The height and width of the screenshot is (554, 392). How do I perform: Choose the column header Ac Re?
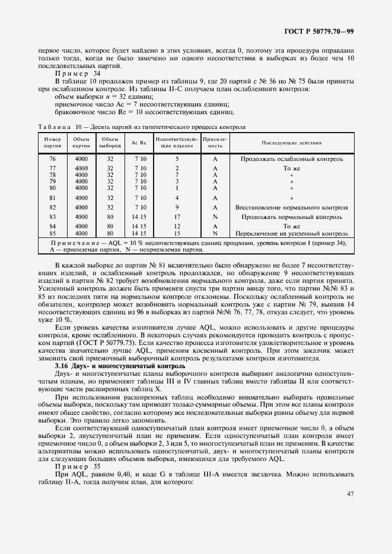140,143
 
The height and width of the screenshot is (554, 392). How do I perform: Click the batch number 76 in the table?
52,159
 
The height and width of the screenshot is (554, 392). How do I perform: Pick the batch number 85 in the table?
52,234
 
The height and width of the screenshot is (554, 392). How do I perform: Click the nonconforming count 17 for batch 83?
177,217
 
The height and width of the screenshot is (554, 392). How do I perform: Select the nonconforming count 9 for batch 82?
177,208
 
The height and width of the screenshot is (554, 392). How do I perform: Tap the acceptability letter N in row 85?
215,234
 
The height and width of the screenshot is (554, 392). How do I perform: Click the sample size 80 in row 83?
110,217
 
